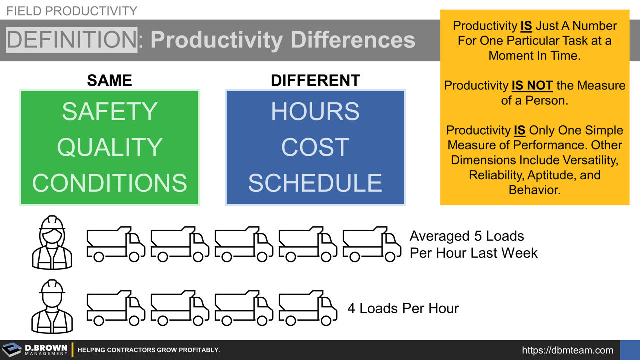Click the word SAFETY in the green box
point(109,112)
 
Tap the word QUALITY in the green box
point(109,147)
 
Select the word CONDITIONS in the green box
point(109,183)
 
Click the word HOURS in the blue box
point(315,112)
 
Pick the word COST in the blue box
point(315,147)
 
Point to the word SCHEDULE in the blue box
point(315,183)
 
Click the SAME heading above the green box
point(109,80)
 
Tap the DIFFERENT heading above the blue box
point(315,80)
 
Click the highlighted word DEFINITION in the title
point(71,40)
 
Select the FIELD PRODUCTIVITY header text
point(71,11)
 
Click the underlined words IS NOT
point(532,86)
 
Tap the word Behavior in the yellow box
point(534,190)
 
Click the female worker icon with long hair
point(52,243)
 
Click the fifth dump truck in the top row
point(372,244)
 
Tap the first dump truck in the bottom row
point(116,308)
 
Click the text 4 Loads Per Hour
point(403,308)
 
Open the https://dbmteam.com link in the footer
point(567,350)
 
